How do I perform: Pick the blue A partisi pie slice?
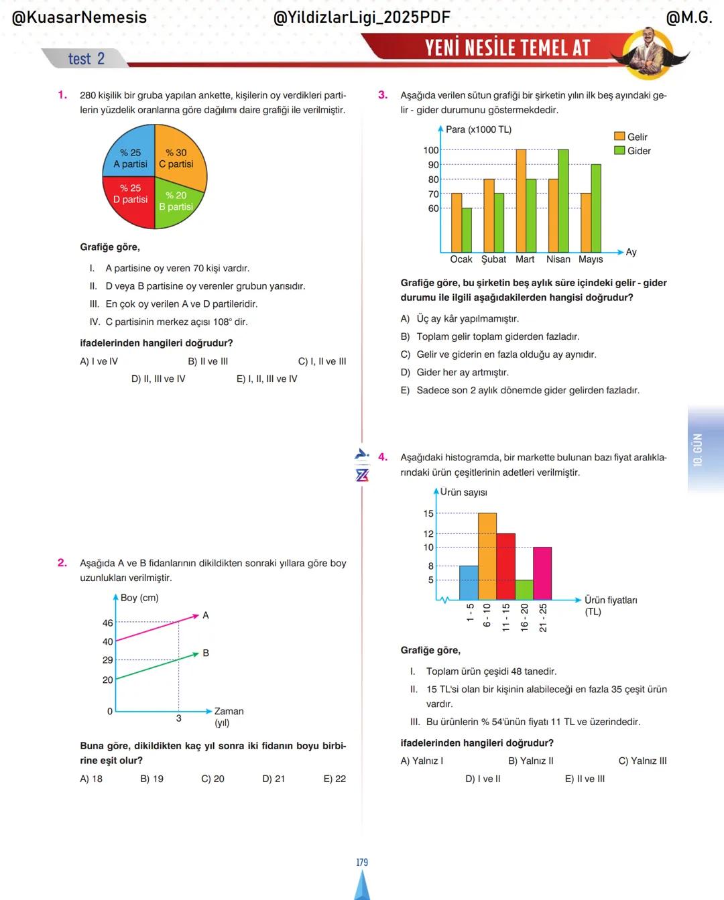click(x=130, y=158)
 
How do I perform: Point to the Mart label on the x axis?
click(x=525, y=259)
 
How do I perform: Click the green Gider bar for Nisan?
click(x=563, y=200)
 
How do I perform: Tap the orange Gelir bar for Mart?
click(x=521, y=200)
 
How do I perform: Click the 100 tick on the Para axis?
click(x=430, y=150)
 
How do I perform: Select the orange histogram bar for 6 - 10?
click(x=487, y=556)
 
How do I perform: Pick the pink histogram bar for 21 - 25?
click(x=542, y=573)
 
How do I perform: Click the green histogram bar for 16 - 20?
click(x=524, y=590)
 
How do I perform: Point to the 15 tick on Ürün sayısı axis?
click(x=428, y=514)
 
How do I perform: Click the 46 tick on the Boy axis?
click(x=107, y=623)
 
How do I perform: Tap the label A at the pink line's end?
click(x=206, y=615)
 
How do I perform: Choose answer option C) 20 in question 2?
click(x=213, y=779)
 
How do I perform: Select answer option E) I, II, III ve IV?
click(x=267, y=379)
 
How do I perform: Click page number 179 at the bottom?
click(x=362, y=862)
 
